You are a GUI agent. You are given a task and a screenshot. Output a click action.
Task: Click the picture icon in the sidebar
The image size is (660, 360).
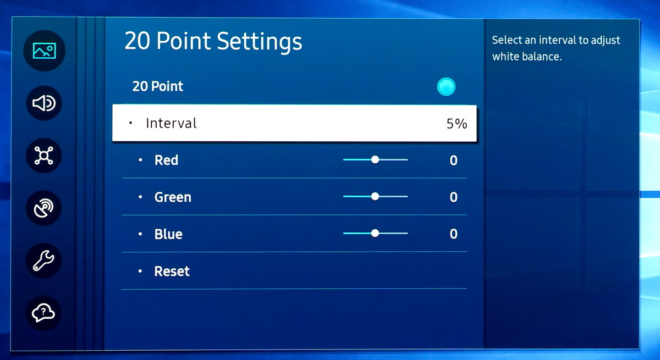point(44,51)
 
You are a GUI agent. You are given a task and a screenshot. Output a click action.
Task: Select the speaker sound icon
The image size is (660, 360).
point(44,103)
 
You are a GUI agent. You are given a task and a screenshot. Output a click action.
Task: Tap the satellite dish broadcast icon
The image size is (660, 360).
point(44,208)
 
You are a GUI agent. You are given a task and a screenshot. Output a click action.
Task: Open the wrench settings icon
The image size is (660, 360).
point(43,261)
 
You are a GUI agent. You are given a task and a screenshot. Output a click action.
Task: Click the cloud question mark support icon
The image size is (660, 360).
point(43,313)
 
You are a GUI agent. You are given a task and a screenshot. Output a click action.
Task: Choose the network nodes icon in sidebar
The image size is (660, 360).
point(44,156)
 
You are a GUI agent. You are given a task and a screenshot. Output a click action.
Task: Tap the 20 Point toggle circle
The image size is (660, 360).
point(446,86)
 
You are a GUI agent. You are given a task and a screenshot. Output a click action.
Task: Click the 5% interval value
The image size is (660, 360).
point(457,124)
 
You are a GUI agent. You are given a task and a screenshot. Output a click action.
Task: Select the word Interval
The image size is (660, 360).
point(171,123)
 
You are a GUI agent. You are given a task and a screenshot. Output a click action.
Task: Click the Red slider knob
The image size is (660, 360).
point(375,159)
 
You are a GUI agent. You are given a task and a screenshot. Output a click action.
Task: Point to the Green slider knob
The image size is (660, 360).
point(375,196)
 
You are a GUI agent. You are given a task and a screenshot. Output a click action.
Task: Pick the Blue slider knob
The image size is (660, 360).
point(375,233)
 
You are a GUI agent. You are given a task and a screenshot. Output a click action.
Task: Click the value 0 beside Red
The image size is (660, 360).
point(453,160)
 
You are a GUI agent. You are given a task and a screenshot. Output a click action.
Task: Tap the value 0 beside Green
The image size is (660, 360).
point(453,197)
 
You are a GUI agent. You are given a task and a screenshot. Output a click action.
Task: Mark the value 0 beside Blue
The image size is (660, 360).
point(453,234)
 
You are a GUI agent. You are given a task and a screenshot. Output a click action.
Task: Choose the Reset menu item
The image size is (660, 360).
point(172,271)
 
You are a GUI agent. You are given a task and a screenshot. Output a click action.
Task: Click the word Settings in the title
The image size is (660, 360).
point(260,42)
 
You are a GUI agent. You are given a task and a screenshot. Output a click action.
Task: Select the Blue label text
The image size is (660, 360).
point(168,234)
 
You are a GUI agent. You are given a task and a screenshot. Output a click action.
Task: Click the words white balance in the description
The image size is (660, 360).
point(527,56)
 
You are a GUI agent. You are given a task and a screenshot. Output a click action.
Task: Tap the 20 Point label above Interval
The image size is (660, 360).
point(158,86)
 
